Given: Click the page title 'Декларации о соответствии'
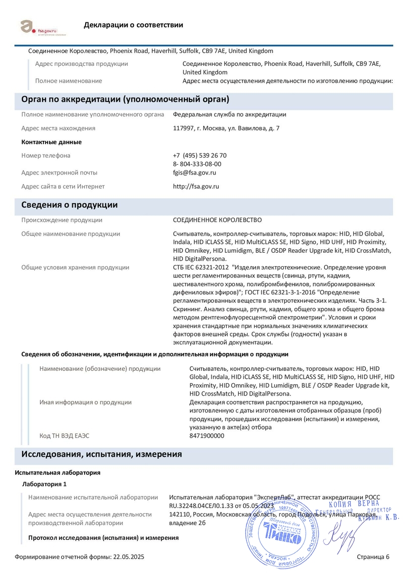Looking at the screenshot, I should pyautogui.click(x=133, y=25).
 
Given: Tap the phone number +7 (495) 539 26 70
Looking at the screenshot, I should pyautogui.click(x=200, y=155).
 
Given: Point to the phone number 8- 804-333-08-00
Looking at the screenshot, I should pyautogui.click(x=197, y=164).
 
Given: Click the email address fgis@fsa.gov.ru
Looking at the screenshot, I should pyautogui.click(x=194, y=173).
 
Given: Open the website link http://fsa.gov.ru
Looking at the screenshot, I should pyautogui.click(x=196, y=186).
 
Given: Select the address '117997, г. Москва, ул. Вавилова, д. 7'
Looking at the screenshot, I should pyautogui.click(x=226, y=128).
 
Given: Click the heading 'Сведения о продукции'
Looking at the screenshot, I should pyautogui.click(x=69, y=205).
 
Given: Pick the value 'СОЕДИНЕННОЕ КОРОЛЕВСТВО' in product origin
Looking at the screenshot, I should pyautogui.click(x=217, y=220).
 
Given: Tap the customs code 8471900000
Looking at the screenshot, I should pyautogui.click(x=207, y=436).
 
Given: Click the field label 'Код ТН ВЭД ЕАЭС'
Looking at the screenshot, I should pyautogui.click(x=64, y=436).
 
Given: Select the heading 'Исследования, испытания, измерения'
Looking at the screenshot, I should pyautogui.click(x=102, y=454).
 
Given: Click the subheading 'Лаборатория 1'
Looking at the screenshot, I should pyautogui.click(x=45, y=483).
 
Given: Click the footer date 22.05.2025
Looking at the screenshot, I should pyautogui.click(x=128, y=557).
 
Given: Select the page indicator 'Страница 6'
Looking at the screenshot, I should pyautogui.click(x=373, y=557).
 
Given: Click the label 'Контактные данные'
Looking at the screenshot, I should pyautogui.click(x=52, y=142).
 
